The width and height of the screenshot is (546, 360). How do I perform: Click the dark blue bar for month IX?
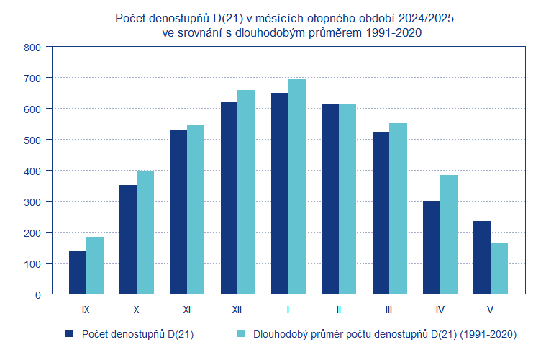coord(77,272)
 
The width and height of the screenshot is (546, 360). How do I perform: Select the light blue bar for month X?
coord(145,233)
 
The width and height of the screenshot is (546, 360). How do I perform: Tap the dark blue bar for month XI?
coord(178,212)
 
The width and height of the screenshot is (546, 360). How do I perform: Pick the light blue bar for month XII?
coord(246,192)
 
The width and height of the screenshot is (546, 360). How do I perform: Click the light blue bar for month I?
coord(296,186)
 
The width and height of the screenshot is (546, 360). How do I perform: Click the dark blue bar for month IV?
coord(432,248)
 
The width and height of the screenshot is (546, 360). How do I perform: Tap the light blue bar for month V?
coord(499,269)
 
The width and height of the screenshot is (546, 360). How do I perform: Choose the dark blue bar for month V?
coord(482,258)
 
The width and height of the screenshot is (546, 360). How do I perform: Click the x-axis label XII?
coord(237,310)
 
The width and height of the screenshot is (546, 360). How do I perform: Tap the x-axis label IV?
coord(440,310)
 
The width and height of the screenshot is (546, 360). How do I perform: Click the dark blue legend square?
coord(70,333)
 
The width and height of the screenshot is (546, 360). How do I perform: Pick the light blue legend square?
coord(241,333)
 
